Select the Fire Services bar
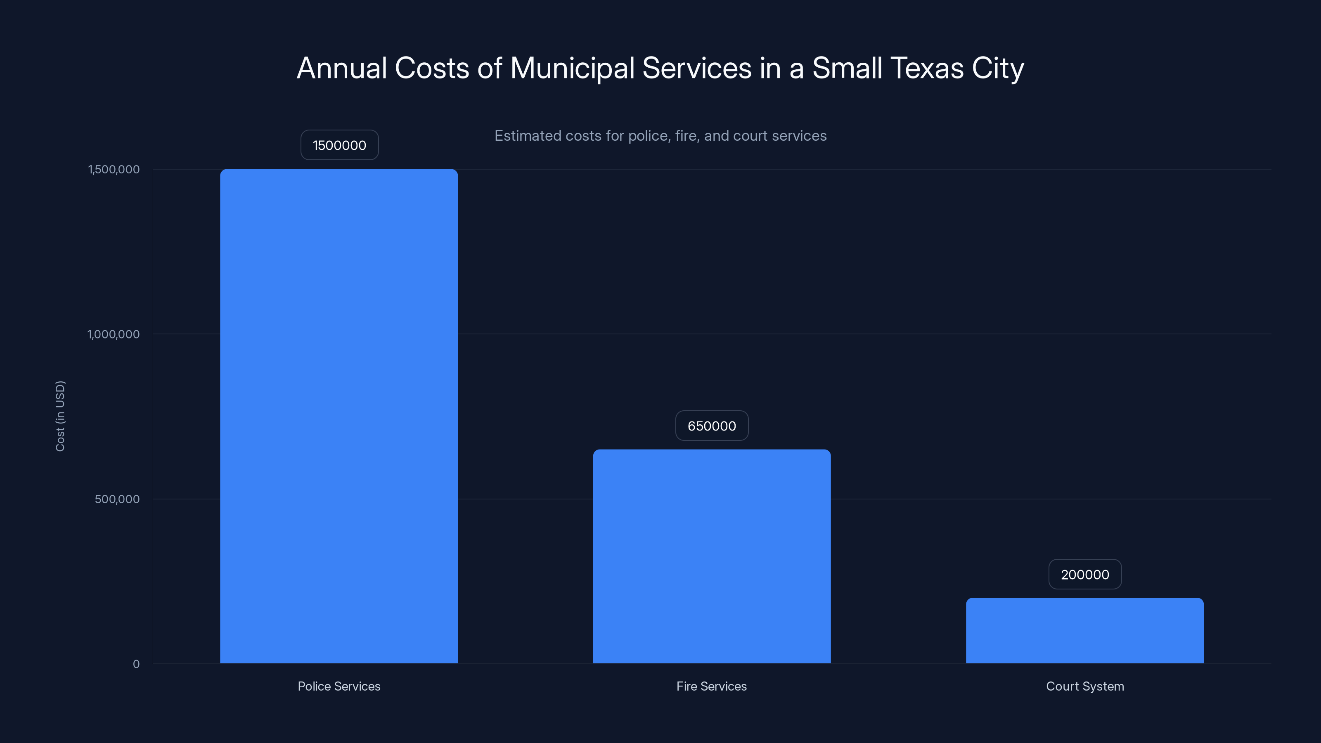pos(712,556)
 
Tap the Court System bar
pos(1084,630)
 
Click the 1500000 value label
pos(339,145)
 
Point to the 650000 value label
pos(712,426)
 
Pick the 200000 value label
pos(1084,574)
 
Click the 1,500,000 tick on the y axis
pos(114,169)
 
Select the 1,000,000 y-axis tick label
pos(114,334)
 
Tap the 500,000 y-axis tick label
pos(117,499)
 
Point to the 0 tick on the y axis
pos(136,664)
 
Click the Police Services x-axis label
pos(339,686)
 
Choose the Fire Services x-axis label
pos(711,686)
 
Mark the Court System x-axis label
pos(1084,686)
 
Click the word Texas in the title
pos(927,68)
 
